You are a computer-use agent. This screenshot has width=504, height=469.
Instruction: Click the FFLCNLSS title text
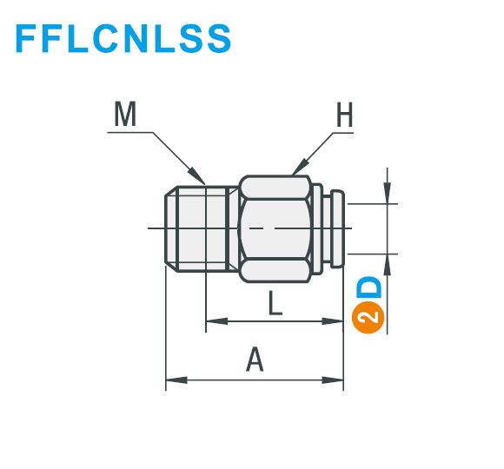pyautogui.click(x=123, y=38)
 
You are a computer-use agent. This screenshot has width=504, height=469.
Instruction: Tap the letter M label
pyautogui.click(x=125, y=114)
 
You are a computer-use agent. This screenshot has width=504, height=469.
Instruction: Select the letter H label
pyautogui.click(x=345, y=115)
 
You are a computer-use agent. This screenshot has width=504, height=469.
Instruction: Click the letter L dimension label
pyautogui.click(x=275, y=302)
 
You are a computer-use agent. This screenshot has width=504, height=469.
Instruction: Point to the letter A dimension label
pyautogui.click(x=255, y=360)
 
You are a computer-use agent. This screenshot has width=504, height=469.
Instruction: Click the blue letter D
pyautogui.click(x=369, y=287)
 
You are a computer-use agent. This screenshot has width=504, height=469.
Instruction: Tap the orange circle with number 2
pyautogui.click(x=368, y=317)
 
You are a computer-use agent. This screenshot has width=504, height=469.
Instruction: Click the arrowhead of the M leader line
pyautogui.click(x=196, y=176)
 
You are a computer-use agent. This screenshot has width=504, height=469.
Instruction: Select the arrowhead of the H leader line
pyautogui.click(x=300, y=167)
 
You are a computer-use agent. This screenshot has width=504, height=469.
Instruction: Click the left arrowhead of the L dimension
pyautogui.click(x=216, y=320)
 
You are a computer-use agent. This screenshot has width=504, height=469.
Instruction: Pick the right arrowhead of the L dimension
pyautogui.click(x=333, y=320)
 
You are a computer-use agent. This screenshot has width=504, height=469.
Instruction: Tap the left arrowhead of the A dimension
pyautogui.click(x=176, y=380)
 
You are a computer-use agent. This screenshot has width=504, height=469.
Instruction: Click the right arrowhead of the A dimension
pyautogui.click(x=333, y=380)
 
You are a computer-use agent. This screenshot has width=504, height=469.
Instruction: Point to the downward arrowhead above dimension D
pyautogui.click(x=388, y=193)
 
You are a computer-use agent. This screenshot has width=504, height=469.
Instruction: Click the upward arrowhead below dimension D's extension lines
pyautogui.click(x=388, y=264)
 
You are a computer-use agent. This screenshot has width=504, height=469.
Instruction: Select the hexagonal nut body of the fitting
pyautogui.click(x=275, y=229)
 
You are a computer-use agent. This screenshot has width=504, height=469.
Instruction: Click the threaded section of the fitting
pyautogui.click(x=202, y=228)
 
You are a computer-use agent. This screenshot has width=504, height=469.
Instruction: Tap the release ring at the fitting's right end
pyautogui.click(x=337, y=228)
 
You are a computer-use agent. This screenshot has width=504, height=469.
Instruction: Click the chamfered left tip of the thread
pyautogui.click(x=170, y=228)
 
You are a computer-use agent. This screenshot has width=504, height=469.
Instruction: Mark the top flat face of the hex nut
pyautogui.click(x=275, y=188)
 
